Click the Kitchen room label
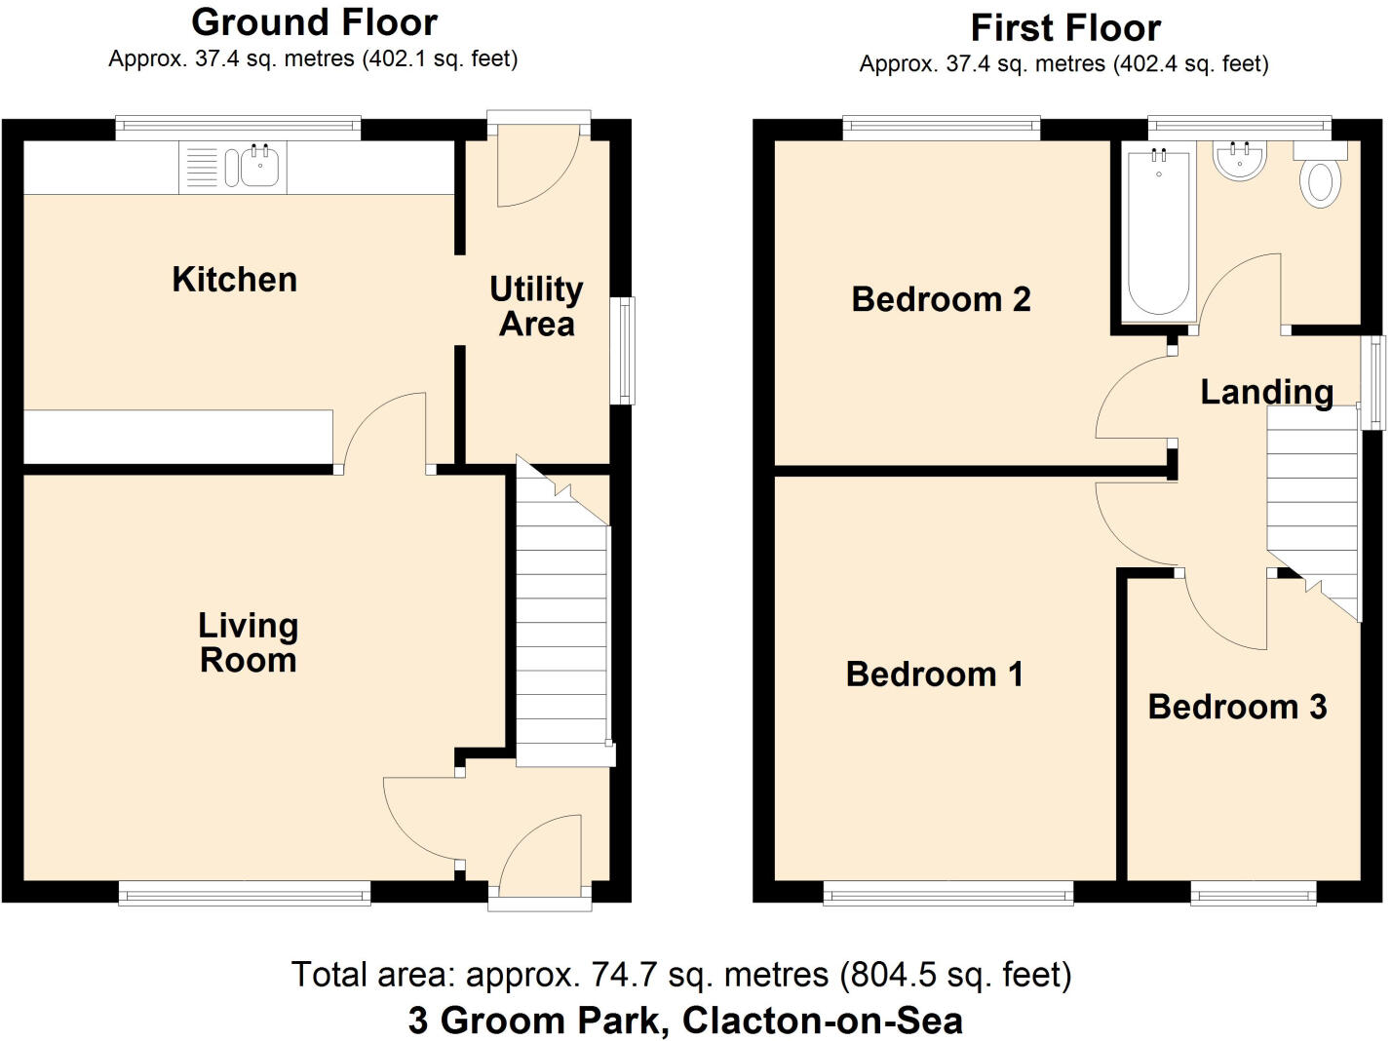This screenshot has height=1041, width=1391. point(234,280)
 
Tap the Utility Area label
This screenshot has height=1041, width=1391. point(536,306)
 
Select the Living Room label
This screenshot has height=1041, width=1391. point(248,642)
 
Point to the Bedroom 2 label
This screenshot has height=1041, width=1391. point(941,299)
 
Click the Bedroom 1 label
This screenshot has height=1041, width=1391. point(934,674)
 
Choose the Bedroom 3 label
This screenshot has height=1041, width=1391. point(1237,707)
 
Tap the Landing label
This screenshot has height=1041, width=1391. point(1266,392)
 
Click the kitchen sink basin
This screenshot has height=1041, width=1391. point(260,167)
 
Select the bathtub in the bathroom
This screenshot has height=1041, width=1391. point(1158,234)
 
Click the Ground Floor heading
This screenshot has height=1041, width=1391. point(314,22)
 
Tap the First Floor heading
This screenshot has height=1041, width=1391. point(1064,28)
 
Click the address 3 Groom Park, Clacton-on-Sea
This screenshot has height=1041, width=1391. point(685,1021)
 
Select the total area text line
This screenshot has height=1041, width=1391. point(681,974)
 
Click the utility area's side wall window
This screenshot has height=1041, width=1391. point(622,351)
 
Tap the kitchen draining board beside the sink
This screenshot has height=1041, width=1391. point(202,167)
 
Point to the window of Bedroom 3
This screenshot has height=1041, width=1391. point(1253,893)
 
